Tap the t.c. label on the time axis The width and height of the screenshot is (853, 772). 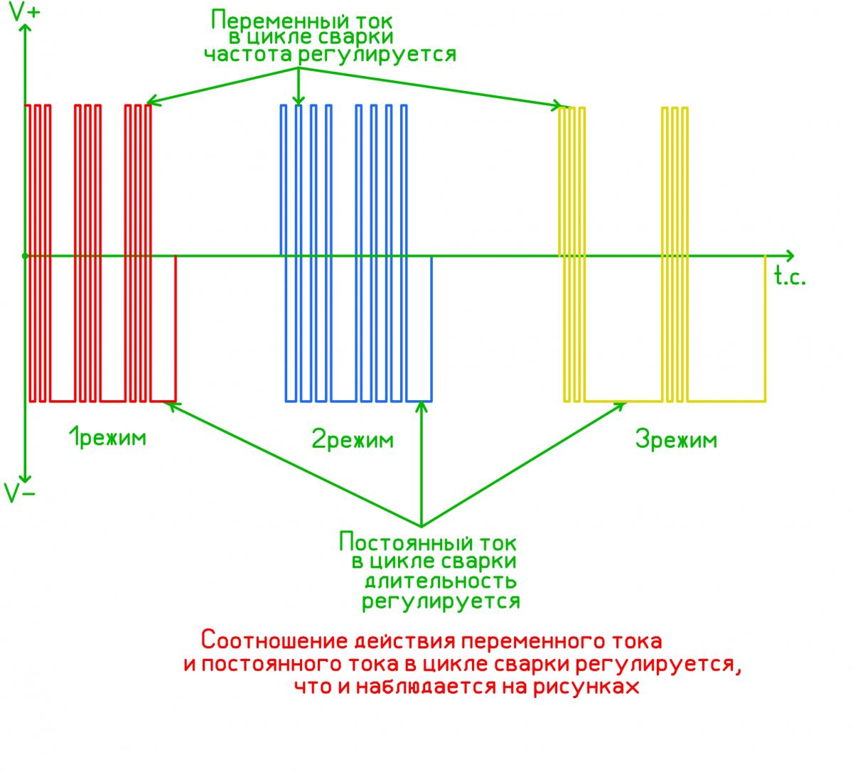[x=790, y=277]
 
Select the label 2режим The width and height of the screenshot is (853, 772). [x=353, y=439]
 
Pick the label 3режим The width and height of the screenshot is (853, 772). [x=676, y=440]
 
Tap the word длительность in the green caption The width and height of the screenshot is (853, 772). [x=440, y=581]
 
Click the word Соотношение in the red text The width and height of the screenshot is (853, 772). [x=274, y=640]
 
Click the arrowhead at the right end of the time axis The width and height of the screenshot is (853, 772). [x=790, y=254]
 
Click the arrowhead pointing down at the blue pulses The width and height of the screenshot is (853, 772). [x=299, y=102]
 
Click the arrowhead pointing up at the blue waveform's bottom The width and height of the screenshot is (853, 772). [x=422, y=406]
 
